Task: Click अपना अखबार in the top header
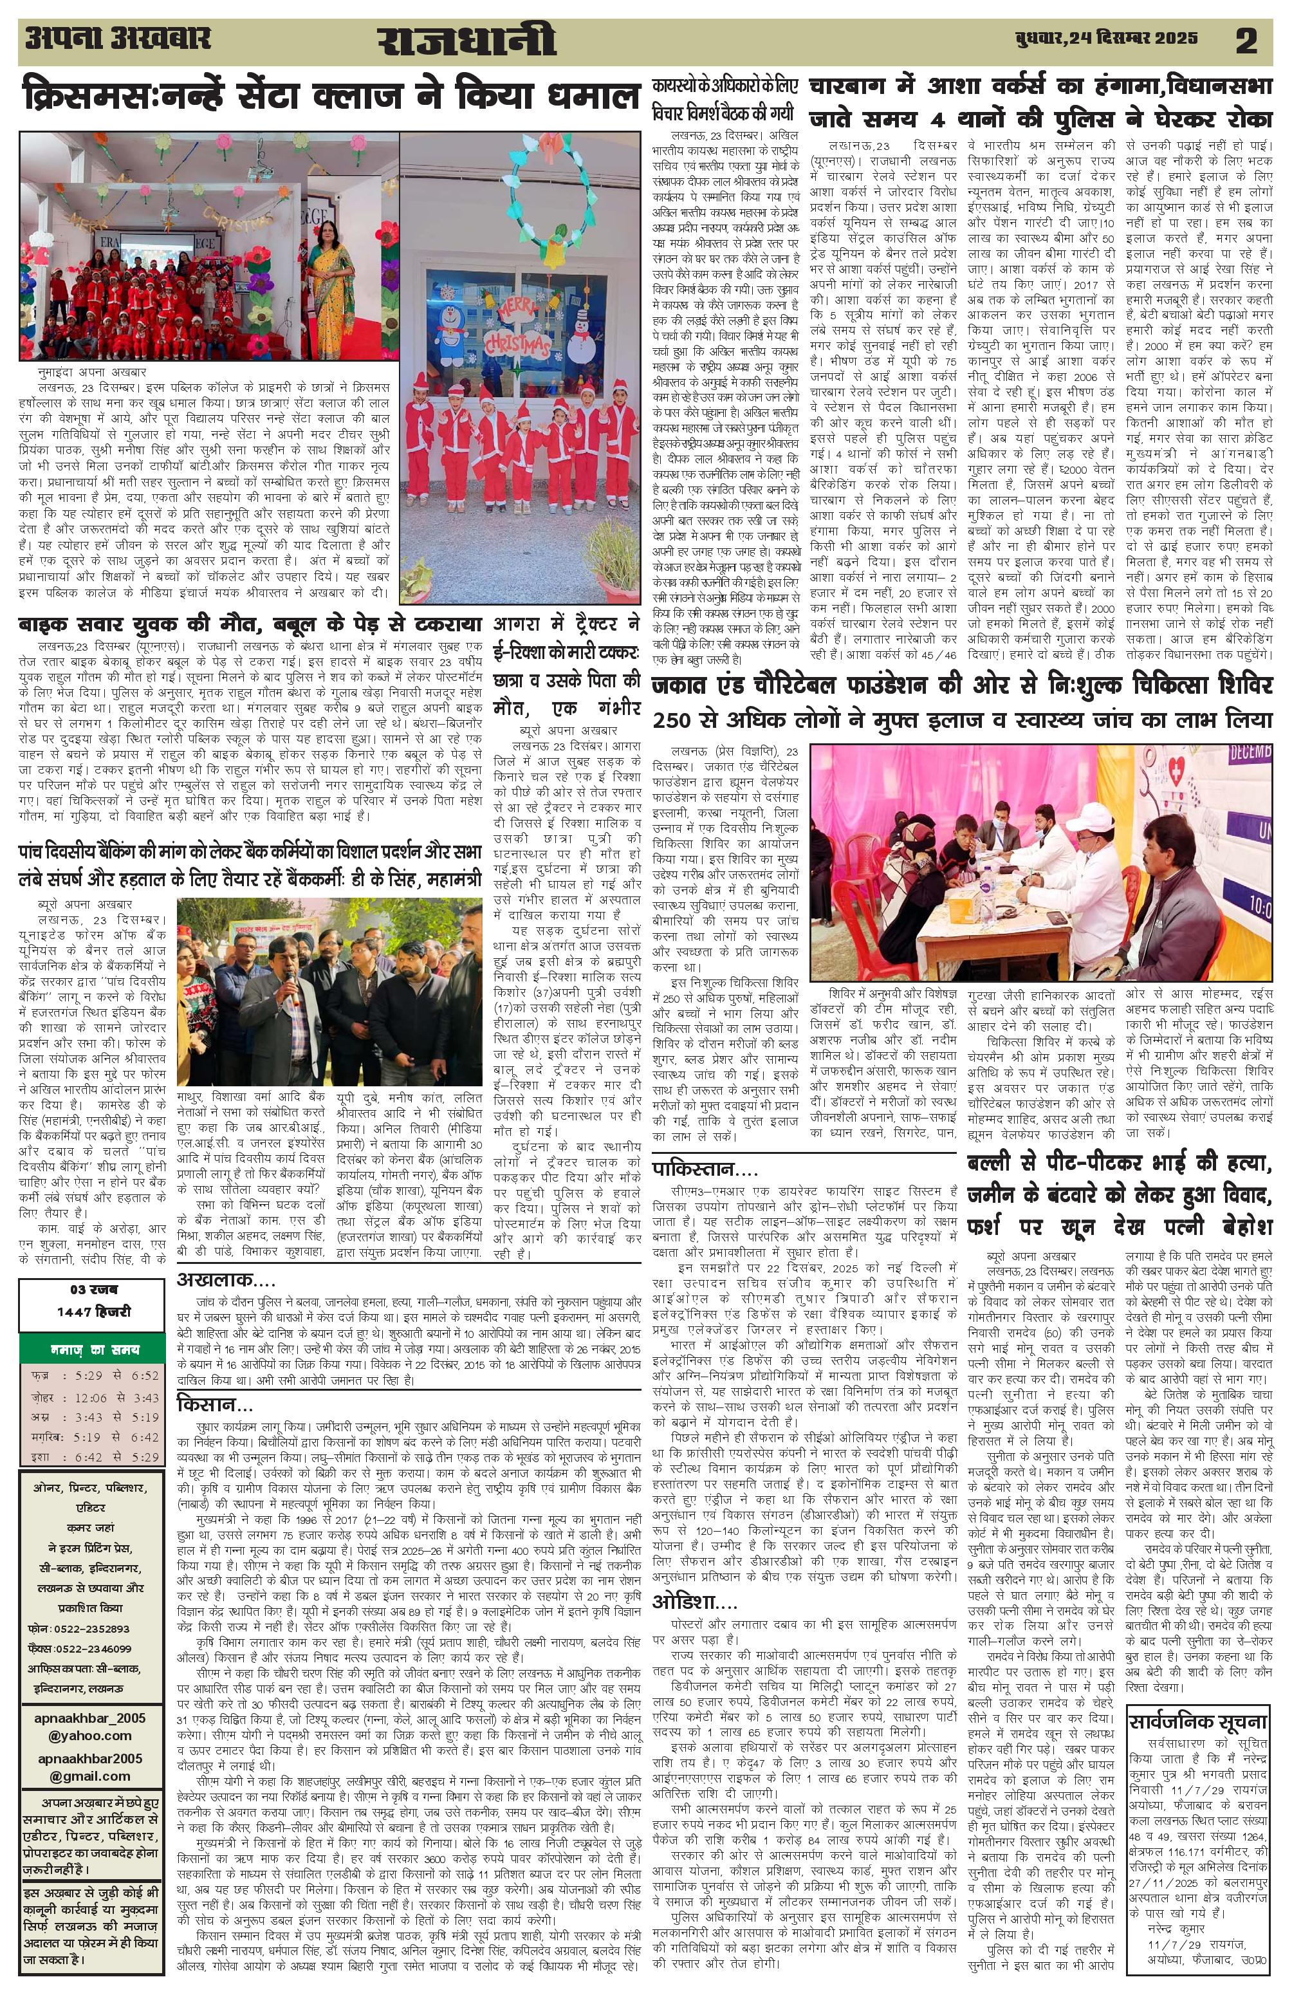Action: tap(117, 39)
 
